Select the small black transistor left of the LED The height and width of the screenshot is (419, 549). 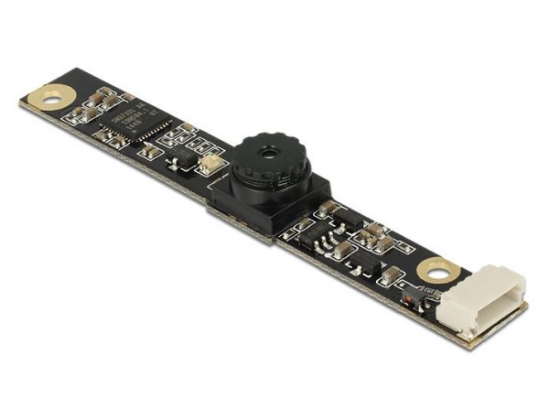tap(183, 159)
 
